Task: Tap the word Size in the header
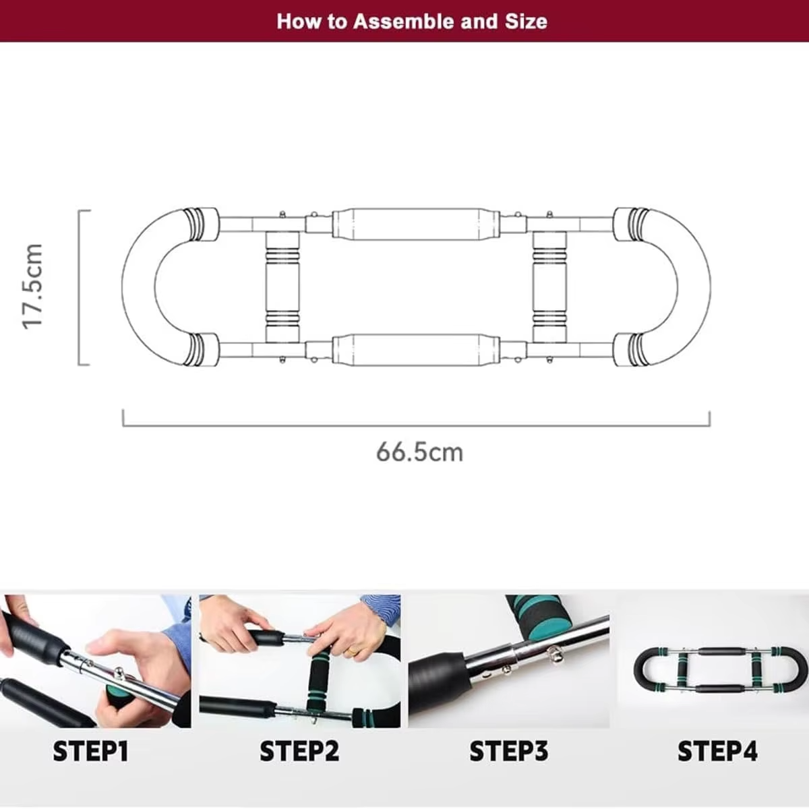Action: click(526, 22)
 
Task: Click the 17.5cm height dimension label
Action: click(32, 287)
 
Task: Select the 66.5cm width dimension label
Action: click(419, 452)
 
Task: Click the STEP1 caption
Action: click(91, 751)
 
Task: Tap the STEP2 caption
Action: click(299, 751)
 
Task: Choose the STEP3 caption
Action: click(509, 751)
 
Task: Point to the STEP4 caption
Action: click(717, 751)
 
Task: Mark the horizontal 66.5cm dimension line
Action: click(416, 426)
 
